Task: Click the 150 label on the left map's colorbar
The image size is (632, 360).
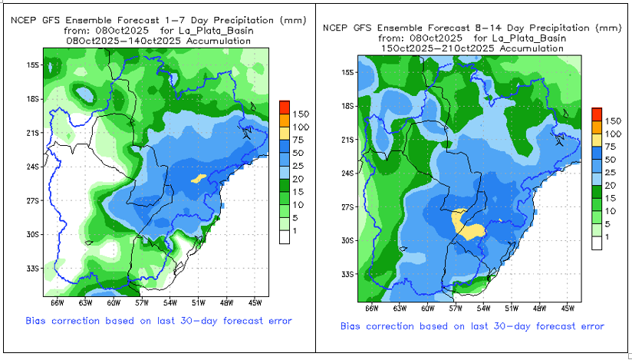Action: pyautogui.click(x=300, y=113)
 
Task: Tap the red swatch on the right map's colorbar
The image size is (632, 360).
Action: pyautogui.click(x=597, y=114)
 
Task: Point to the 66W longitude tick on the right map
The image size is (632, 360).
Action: pyautogui.click(x=371, y=308)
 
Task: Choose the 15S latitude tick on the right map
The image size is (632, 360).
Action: pyautogui.click(x=347, y=72)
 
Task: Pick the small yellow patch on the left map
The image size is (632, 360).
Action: pyautogui.click(x=198, y=178)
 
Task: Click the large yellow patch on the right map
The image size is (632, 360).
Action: pyautogui.click(x=466, y=223)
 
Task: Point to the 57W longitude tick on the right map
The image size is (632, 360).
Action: pyautogui.click(x=456, y=308)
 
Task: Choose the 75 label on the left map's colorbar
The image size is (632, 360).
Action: pyautogui.click(x=300, y=140)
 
